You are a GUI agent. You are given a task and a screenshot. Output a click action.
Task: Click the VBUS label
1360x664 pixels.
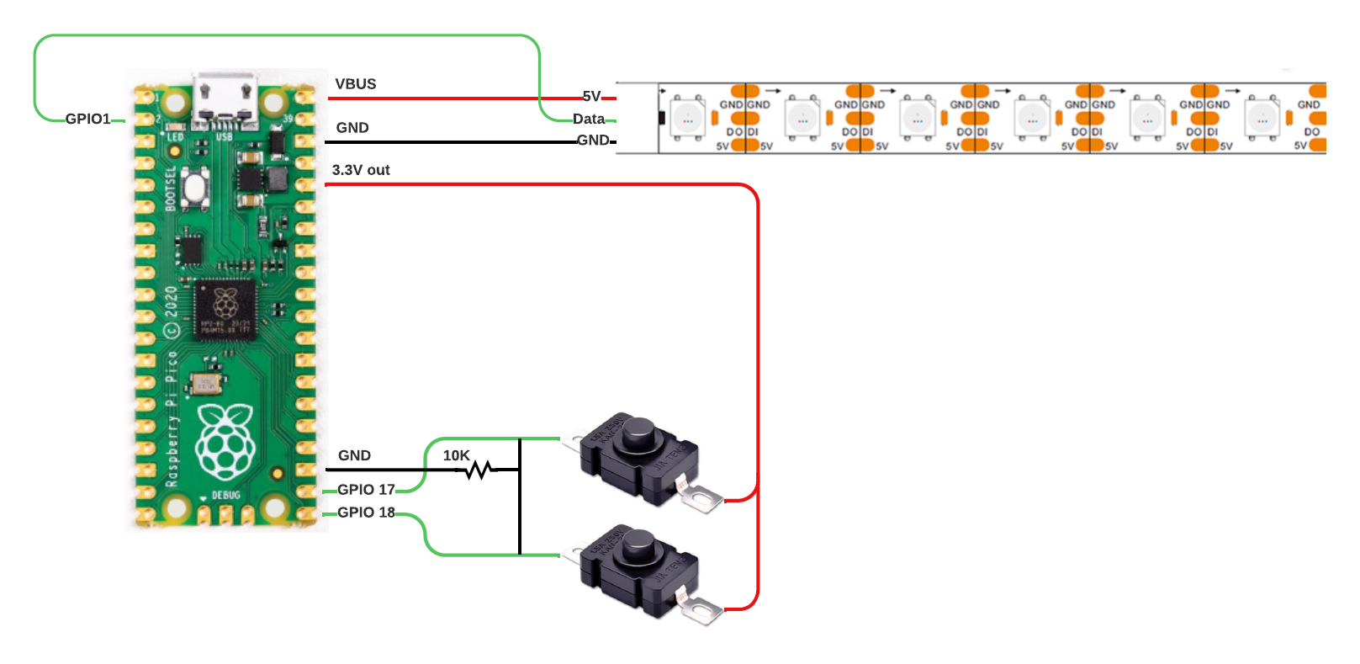click(355, 84)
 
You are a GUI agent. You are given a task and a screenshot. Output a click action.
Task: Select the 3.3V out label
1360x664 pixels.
click(361, 170)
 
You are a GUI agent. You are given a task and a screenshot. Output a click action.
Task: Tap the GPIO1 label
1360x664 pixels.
click(88, 120)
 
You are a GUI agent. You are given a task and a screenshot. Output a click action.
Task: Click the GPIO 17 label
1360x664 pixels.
click(366, 490)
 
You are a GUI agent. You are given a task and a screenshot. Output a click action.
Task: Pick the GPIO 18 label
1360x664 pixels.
click(366, 513)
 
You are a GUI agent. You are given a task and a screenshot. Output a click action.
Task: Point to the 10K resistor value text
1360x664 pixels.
click(456, 455)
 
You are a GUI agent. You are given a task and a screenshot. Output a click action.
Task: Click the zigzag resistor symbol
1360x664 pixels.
click(479, 470)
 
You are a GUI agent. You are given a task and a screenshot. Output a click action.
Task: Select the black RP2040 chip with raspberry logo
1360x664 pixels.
click(225, 309)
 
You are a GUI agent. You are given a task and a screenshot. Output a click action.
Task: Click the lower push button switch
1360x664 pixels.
click(639, 571)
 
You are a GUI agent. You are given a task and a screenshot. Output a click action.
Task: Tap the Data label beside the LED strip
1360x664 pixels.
click(589, 120)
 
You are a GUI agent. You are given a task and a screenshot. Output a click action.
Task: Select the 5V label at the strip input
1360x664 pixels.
click(592, 97)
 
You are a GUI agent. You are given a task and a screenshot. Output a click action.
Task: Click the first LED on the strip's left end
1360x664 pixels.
click(687, 118)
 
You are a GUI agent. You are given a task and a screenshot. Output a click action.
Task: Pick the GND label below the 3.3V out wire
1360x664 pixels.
click(352, 128)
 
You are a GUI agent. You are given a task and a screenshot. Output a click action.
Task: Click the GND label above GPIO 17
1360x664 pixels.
click(354, 455)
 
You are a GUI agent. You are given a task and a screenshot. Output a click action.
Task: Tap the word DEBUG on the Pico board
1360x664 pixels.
click(225, 496)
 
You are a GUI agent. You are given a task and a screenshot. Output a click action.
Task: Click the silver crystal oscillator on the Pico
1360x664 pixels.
click(205, 385)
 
